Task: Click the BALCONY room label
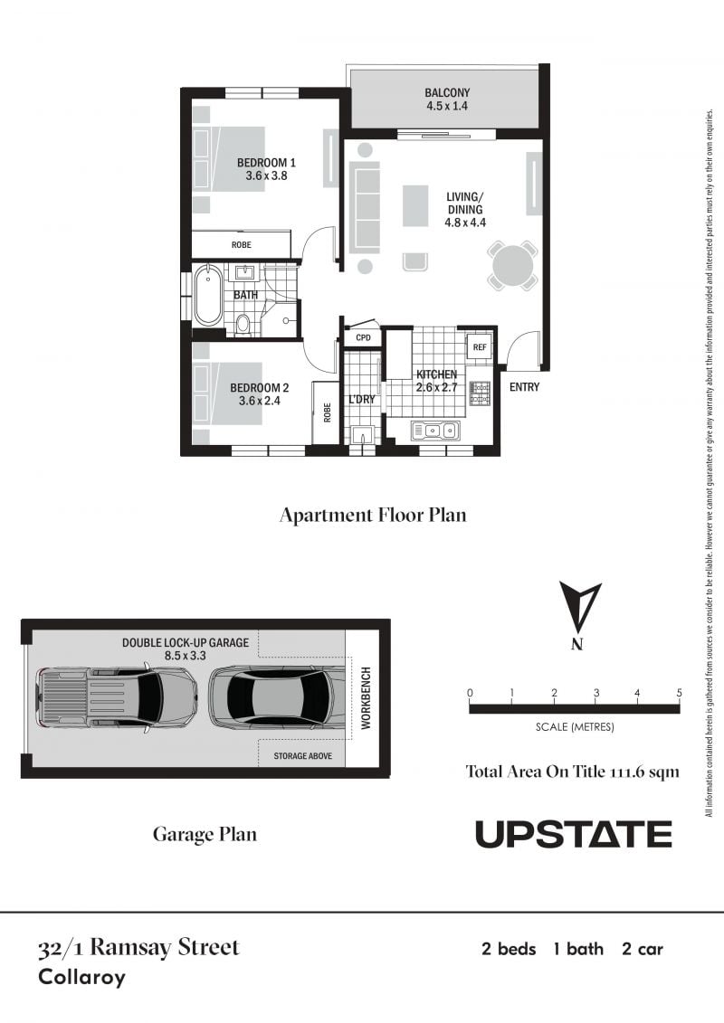point(447,92)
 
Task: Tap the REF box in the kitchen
point(479,347)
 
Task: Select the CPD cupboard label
point(363,337)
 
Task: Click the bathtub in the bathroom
point(207,295)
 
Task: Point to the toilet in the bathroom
point(243,323)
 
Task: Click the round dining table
point(514,266)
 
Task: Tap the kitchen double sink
point(434,430)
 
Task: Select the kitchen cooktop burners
point(481,393)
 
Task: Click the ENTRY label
point(524,387)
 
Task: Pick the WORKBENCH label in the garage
point(366,697)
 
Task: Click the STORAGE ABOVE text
point(302,755)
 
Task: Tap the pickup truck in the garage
point(118,696)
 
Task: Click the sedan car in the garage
point(277,696)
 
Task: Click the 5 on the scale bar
point(679,693)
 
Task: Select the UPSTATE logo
point(573,834)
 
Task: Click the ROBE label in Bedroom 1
point(241,244)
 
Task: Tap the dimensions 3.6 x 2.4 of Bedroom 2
point(259,401)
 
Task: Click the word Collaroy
point(81,978)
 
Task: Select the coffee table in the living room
point(416,204)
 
